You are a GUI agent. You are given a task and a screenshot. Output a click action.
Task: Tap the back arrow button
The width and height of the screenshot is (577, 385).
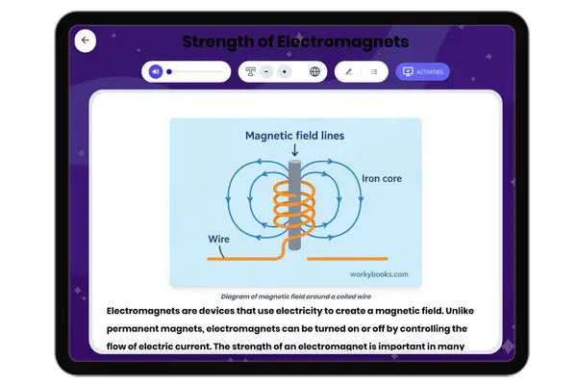point(86,40)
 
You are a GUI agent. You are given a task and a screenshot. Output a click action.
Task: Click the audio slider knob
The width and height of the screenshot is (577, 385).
point(169,71)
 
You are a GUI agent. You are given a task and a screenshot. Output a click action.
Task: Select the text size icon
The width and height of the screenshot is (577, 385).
point(250,71)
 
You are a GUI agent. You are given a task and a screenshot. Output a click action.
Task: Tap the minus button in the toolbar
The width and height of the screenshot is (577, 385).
point(266,71)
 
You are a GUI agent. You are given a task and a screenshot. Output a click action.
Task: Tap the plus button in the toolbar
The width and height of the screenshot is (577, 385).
point(284,71)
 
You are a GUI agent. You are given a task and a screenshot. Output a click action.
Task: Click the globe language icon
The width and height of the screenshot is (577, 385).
point(314,71)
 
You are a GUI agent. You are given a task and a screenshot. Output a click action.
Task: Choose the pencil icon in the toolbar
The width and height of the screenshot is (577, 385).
point(348,71)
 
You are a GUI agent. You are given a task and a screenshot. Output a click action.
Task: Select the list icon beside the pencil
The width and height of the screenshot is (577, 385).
point(373,71)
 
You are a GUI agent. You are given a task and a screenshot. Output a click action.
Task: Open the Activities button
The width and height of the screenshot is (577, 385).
point(422,71)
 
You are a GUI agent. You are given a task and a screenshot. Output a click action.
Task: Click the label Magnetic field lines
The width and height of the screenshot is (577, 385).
point(295,136)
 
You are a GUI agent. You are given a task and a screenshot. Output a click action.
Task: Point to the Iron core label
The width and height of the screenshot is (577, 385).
point(381,179)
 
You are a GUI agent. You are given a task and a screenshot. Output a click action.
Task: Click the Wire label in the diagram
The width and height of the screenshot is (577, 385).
point(220,239)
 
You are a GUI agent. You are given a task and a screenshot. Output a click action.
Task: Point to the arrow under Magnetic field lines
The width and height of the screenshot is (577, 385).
point(295,149)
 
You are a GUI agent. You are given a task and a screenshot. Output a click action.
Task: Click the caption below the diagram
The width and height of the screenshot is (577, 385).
point(295,296)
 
